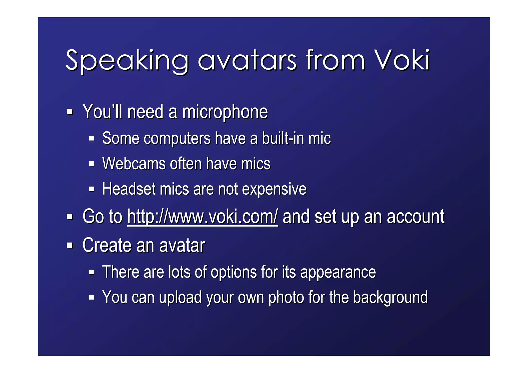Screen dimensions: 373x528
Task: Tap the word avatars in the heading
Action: (247, 61)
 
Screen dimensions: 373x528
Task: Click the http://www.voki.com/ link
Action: (202, 217)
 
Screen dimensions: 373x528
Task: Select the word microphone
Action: (225, 112)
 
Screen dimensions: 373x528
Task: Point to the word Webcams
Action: (134, 164)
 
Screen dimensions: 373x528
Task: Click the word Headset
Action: (129, 189)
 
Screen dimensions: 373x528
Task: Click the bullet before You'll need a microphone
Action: (70, 112)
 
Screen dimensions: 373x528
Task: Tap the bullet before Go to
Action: (70, 217)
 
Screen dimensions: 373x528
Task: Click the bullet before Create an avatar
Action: (70, 245)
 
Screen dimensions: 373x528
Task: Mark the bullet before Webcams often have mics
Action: (92, 164)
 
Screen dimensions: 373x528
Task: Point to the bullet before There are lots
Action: (92, 272)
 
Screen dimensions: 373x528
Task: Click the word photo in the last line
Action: (286, 298)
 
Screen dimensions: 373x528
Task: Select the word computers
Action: (177, 138)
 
